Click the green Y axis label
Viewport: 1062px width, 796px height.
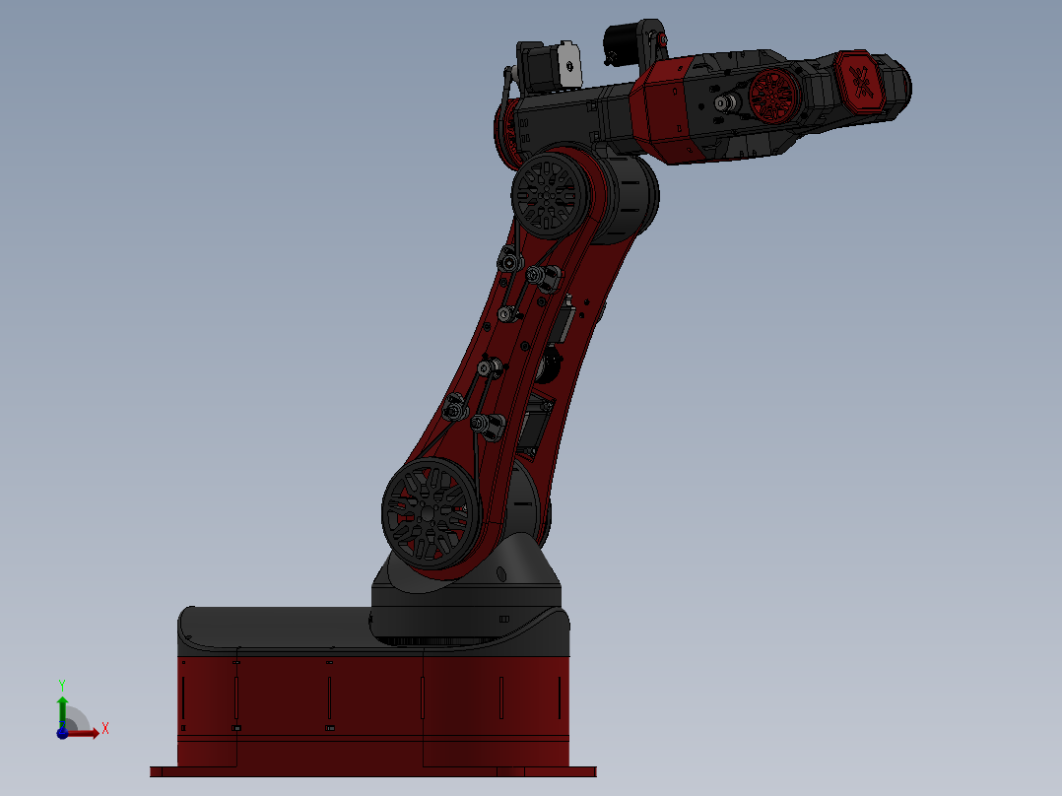(x=61, y=683)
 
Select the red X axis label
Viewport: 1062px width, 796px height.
(x=104, y=729)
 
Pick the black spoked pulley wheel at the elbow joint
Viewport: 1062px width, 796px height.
(x=545, y=193)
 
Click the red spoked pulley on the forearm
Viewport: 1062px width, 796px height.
(x=774, y=97)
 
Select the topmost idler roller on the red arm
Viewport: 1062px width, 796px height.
(x=509, y=261)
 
